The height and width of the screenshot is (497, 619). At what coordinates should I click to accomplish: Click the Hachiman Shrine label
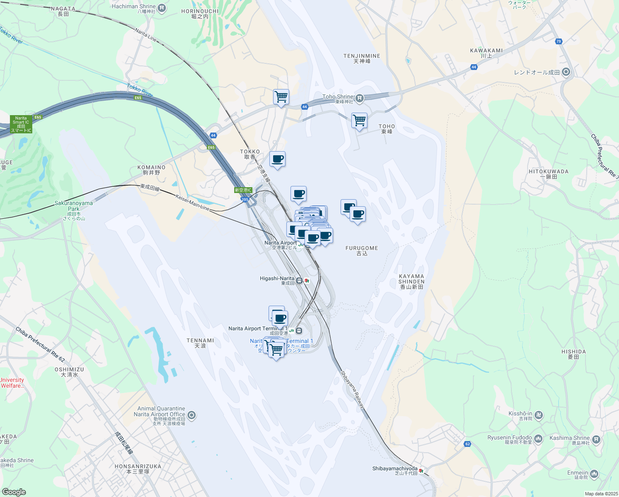133,6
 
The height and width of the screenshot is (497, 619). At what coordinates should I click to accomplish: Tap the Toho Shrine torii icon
360,98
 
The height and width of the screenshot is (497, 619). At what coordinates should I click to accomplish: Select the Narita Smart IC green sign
21,124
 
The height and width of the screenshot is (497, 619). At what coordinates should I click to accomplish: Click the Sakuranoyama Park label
74,206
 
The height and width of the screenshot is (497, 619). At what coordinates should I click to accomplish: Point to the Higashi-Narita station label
277,279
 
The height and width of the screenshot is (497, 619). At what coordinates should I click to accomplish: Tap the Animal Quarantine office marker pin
192,415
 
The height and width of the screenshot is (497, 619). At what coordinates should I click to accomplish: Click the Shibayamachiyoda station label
395,469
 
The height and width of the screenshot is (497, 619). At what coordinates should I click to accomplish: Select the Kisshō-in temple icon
538,415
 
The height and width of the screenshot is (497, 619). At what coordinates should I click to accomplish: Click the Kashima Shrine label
569,438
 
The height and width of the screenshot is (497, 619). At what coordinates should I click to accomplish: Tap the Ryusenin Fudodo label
509,438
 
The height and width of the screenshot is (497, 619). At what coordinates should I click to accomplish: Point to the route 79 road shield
559,41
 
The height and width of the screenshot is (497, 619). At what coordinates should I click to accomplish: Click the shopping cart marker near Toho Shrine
359,121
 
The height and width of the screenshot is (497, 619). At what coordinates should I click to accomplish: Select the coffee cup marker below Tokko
277,159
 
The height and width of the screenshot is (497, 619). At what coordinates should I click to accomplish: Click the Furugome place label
362,248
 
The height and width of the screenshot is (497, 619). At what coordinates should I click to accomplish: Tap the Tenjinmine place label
362,56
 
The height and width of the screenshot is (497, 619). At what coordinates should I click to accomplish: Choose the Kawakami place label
486,51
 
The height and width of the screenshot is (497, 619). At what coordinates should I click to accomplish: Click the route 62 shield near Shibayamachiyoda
468,444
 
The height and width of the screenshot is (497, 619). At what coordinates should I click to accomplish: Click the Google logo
14,492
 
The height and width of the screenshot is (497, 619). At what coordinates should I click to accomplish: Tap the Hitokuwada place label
548,171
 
